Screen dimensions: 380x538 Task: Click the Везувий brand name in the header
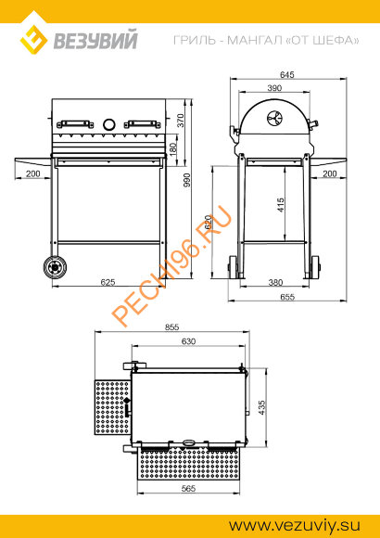tap(95, 40)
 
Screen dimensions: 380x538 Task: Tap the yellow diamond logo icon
tap(33, 40)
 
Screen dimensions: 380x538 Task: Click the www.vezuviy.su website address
tap(295, 525)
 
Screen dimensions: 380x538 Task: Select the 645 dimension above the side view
tap(287, 74)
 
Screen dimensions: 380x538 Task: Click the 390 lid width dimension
tap(274, 88)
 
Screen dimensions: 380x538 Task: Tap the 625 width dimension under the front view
tap(108, 282)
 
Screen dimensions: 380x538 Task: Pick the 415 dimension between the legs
tap(281, 204)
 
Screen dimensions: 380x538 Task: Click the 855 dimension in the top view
tap(171, 327)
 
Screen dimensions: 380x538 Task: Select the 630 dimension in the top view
tap(188, 341)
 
